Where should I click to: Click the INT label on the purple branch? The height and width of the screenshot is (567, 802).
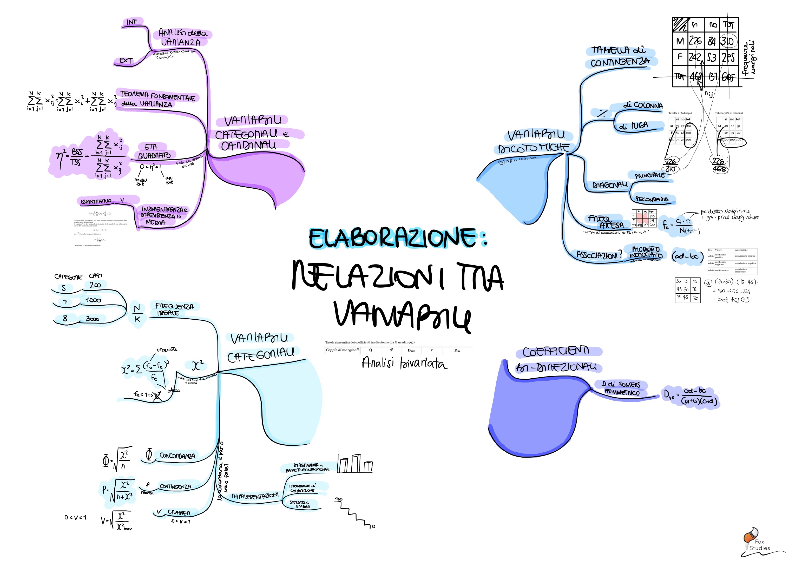[132, 22]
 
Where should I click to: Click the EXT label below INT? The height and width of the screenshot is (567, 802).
[126, 61]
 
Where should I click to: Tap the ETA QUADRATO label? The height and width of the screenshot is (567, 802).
[154, 151]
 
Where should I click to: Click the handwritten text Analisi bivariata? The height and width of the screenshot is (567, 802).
[404, 363]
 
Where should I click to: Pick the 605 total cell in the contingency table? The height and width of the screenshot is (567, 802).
[728, 77]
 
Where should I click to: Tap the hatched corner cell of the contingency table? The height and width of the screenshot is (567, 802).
[680, 25]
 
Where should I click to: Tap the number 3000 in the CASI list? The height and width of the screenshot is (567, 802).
[93, 319]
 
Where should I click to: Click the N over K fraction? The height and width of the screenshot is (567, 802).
[137, 313]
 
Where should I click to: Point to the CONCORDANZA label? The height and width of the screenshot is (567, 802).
[177, 456]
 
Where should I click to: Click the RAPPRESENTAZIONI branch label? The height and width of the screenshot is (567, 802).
[255, 496]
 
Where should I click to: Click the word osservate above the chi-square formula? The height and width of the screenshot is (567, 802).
[167, 349]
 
